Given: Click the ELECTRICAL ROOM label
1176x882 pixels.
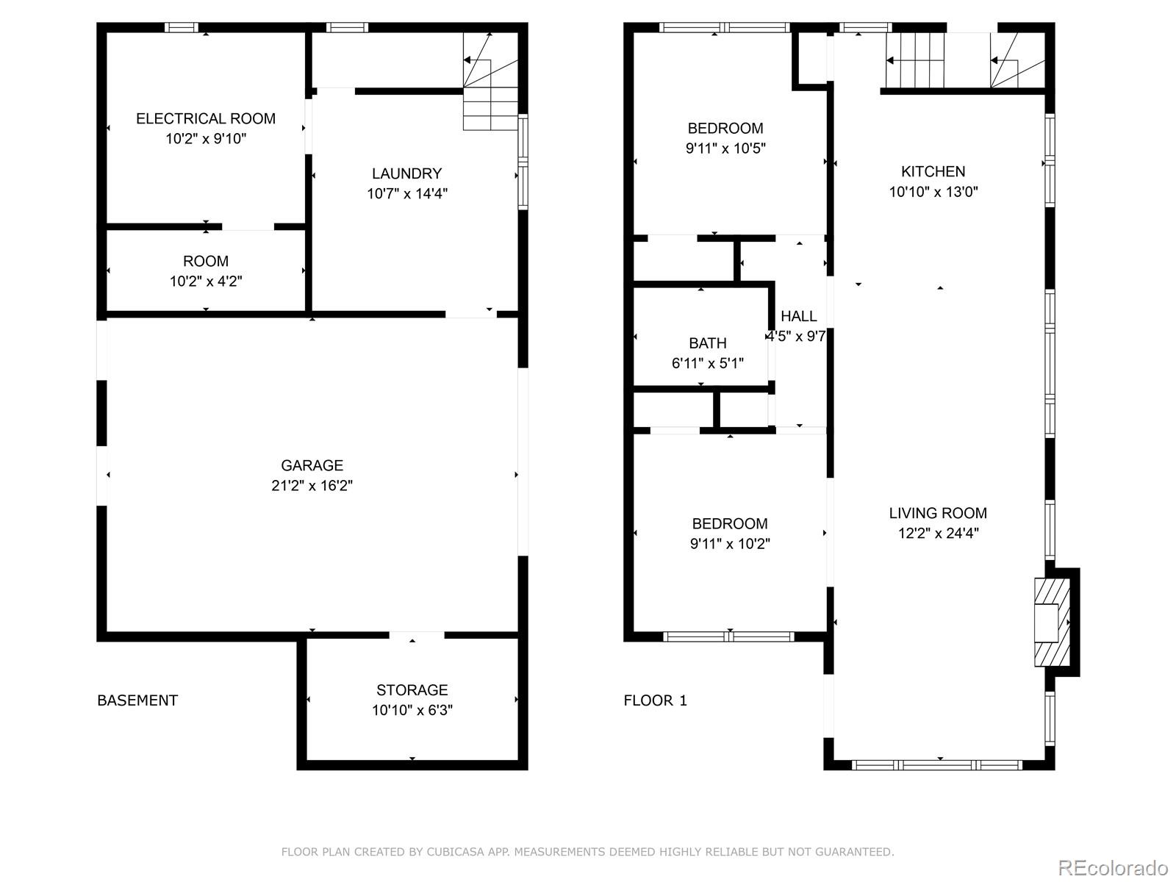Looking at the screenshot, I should coord(206,118).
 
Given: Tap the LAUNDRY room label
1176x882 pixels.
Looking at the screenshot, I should coord(406,173).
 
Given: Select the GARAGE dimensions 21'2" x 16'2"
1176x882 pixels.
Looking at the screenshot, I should coord(312,486).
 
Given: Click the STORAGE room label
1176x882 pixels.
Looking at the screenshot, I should coord(412,689).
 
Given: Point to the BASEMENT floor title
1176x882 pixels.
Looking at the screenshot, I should coord(137,700).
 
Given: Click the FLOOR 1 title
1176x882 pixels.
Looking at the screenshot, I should coord(655,700).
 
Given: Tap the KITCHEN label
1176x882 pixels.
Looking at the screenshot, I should coord(933,171).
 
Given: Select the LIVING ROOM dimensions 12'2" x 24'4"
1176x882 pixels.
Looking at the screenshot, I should coord(937,534).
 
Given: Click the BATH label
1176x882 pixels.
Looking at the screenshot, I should coord(707,343).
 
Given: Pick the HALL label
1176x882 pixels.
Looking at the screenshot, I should coord(798,316).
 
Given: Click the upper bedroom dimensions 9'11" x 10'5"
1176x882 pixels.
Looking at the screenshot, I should coord(725,148).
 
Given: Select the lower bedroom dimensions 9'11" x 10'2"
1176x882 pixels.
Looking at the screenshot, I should coord(729,545).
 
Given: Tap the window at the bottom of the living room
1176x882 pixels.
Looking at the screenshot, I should coord(936,765).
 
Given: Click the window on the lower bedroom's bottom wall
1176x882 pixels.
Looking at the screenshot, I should coord(728,637).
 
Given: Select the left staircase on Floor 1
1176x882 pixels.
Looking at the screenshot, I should coord(914,61).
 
